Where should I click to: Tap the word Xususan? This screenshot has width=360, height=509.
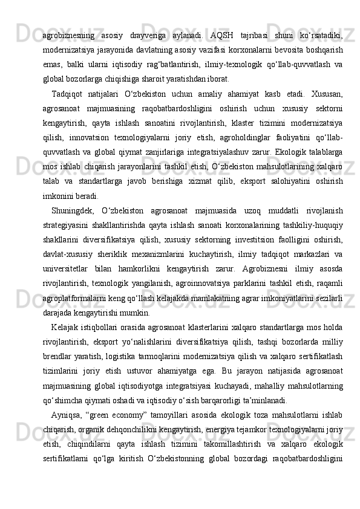click(327, 94)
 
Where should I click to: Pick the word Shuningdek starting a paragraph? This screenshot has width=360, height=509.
click(74, 210)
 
